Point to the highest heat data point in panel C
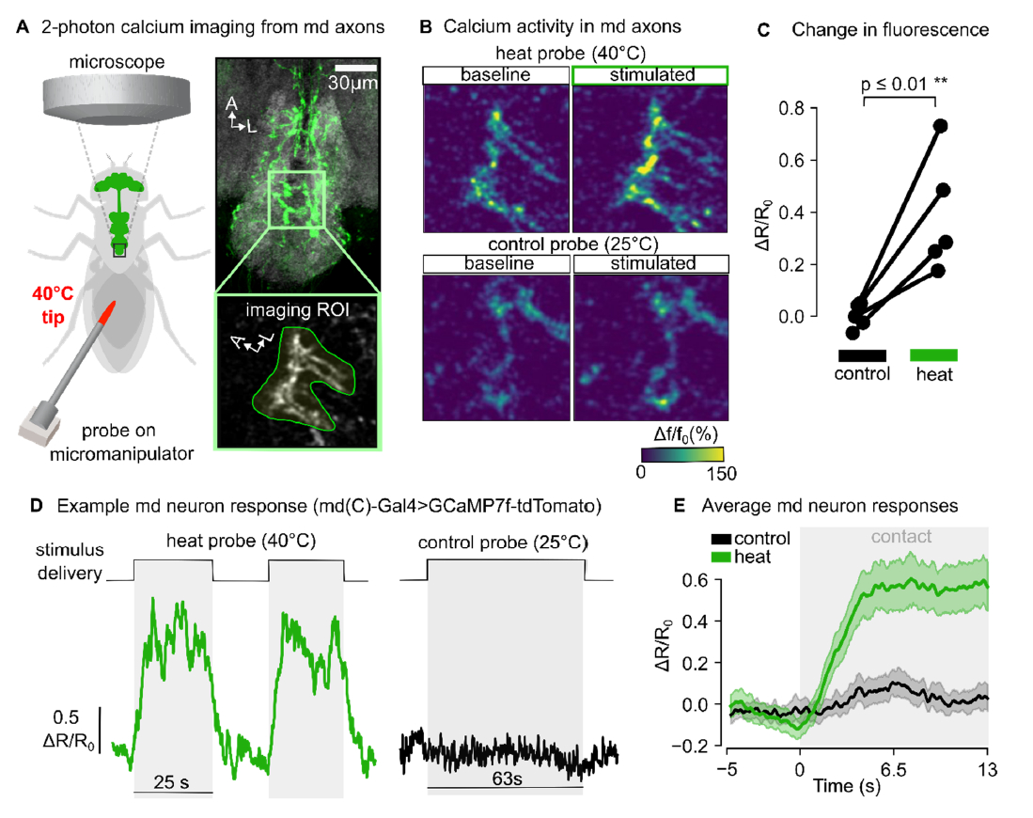940,126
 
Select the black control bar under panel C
861,354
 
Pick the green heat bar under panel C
934,354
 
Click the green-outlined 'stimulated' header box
650,74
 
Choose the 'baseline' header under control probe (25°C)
496,263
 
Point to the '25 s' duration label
173,781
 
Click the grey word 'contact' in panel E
901,536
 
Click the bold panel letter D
36,506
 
